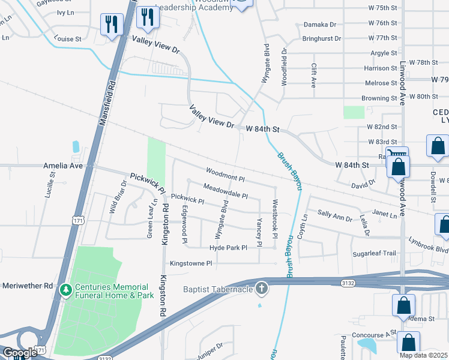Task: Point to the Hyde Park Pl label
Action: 228,248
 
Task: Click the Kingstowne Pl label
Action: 191,263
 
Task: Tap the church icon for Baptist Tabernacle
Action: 261,289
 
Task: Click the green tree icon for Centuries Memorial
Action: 65,291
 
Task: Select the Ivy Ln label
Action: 65,12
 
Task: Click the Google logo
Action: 20,353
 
